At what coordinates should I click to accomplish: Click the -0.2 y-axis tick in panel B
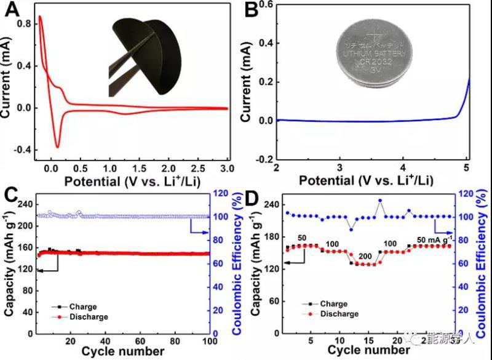263,159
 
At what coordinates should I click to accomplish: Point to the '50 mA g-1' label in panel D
434,239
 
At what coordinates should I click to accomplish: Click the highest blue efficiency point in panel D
380,201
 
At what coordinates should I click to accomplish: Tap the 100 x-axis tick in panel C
209,341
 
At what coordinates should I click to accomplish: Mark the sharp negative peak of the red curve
58,146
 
